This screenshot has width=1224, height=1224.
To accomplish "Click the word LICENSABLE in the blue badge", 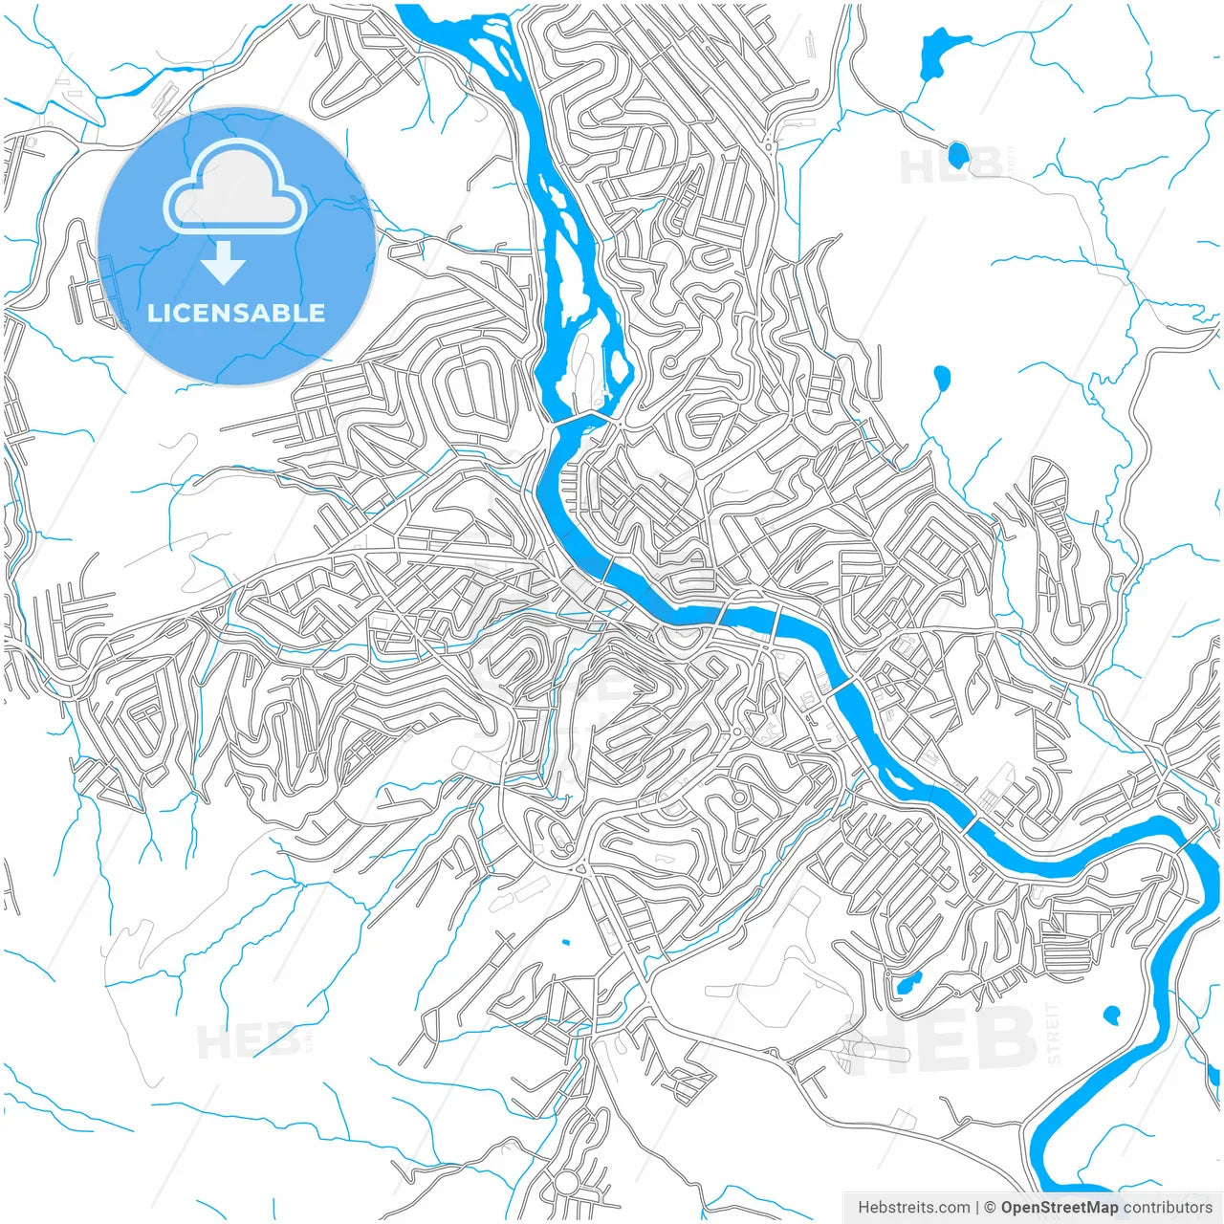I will (x=236, y=313).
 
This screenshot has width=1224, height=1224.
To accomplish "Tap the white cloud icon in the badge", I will (x=234, y=186).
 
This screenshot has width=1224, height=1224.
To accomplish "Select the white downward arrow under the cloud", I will (x=224, y=262).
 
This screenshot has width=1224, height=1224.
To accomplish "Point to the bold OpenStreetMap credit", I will (x=1060, y=1208).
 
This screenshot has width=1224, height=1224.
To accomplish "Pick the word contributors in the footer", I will (x=1168, y=1208).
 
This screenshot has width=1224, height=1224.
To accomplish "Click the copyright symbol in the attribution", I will (x=991, y=1208).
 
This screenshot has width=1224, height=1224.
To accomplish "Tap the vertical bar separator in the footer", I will (x=978, y=1208).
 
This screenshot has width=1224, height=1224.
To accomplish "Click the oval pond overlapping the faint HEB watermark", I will (x=957, y=154).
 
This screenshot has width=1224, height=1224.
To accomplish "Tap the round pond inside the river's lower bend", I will (x=1112, y=1014).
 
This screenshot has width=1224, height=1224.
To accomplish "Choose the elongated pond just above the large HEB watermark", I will (x=906, y=981).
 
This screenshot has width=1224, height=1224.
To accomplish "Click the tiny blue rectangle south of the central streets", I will (x=565, y=943).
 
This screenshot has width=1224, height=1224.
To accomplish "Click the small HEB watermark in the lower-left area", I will (x=247, y=1040).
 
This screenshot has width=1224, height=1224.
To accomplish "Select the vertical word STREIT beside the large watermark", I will (x=1054, y=1034).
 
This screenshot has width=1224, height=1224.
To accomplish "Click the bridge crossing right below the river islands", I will (x=580, y=419).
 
